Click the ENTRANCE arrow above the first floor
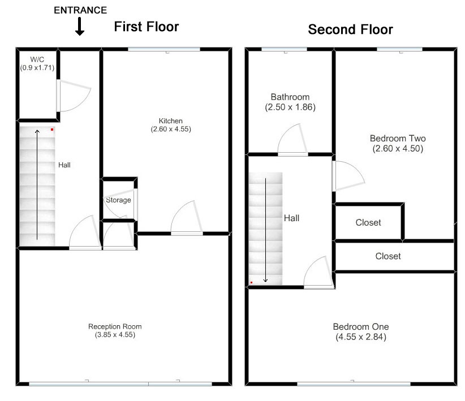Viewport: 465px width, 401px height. click(79, 27)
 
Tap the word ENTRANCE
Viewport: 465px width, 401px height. click(80, 10)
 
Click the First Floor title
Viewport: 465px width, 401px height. click(147, 27)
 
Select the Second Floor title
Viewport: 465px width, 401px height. click(351, 29)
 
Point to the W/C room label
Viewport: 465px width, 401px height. click(37, 59)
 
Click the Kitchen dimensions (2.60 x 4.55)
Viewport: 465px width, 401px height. click(171, 129)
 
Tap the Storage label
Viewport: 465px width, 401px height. click(118, 200)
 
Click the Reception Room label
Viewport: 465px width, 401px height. click(115, 326)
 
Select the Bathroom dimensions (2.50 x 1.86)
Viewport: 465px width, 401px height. click(290, 107)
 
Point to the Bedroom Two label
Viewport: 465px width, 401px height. click(398, 139)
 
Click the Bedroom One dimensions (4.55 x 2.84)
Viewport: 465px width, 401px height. click(361, 337)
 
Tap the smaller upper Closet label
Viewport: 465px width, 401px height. click(368, 223)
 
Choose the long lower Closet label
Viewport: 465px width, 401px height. click(388, 256)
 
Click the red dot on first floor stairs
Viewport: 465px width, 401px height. click(52, 130)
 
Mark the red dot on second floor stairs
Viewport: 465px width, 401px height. click(252, 282)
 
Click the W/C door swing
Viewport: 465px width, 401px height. click(74, 96)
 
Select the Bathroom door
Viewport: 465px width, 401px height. click(293, 139)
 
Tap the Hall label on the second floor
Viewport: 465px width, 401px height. click(291, 218)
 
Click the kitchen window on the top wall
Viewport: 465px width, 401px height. click(164, 49)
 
